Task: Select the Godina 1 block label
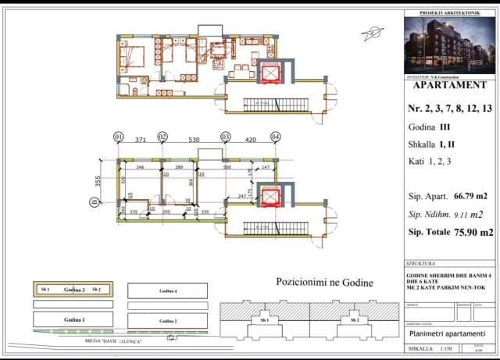tap(74, 320)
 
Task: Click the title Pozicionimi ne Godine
tap(324, 282)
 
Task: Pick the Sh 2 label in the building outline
tap(354, 320)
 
